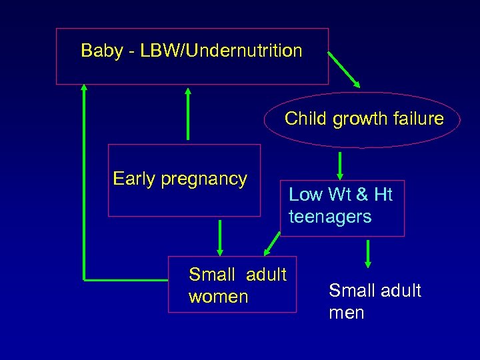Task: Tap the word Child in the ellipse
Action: point(306,119)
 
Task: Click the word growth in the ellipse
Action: point(360,119)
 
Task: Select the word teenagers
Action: point(330,217)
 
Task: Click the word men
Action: point(346,313)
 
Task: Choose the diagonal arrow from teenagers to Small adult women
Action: point(273,243)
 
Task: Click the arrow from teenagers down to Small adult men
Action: point(367,254)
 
